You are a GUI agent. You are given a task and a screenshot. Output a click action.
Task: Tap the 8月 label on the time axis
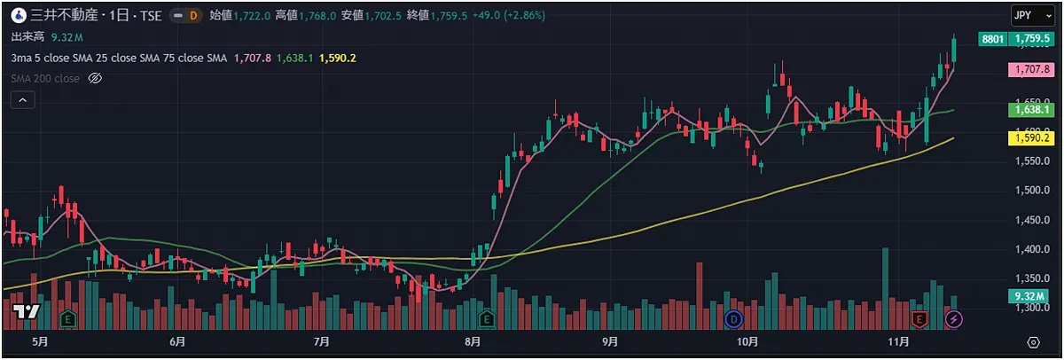pyautogui.click(x=472, y=341)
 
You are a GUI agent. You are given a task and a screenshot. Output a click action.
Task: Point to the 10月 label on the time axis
pyautogui.click(x=747, y=341)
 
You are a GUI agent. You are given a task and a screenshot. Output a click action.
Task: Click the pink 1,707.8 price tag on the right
pyautogui.click(x=1031, y=69)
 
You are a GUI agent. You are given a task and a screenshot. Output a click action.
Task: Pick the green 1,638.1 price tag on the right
pyautogui.click(x=1031, y=110)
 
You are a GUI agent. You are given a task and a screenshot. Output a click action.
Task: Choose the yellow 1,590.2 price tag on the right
pyautogui.click(x=1031, y=137)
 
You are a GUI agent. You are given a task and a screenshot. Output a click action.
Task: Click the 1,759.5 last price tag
pyautogui.click(x=1032, y=39)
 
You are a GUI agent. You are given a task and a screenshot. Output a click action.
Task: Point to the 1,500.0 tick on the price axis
pyautogui.click(x=1031, y=191)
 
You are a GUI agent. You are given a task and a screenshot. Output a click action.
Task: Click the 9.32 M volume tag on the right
pyautogui.click(x=1031, y=296)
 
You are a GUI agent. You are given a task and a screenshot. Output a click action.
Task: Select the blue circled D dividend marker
pyautogui.click(x=733, y=317)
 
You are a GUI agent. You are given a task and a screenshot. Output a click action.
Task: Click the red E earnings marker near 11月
pyautogui.click(x=919, y=317)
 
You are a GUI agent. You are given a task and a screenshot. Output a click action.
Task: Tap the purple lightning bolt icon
pyautogui.click(x=954, y=317)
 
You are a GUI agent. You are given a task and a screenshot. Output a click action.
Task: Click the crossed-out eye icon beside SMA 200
pyautogui.click(x=96, y=79)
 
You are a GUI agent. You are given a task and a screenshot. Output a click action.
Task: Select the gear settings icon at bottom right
pyautogui.click(x=1033, y=341)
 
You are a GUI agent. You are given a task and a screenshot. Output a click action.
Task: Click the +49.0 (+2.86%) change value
pyautogui.click(x=509, y=16)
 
